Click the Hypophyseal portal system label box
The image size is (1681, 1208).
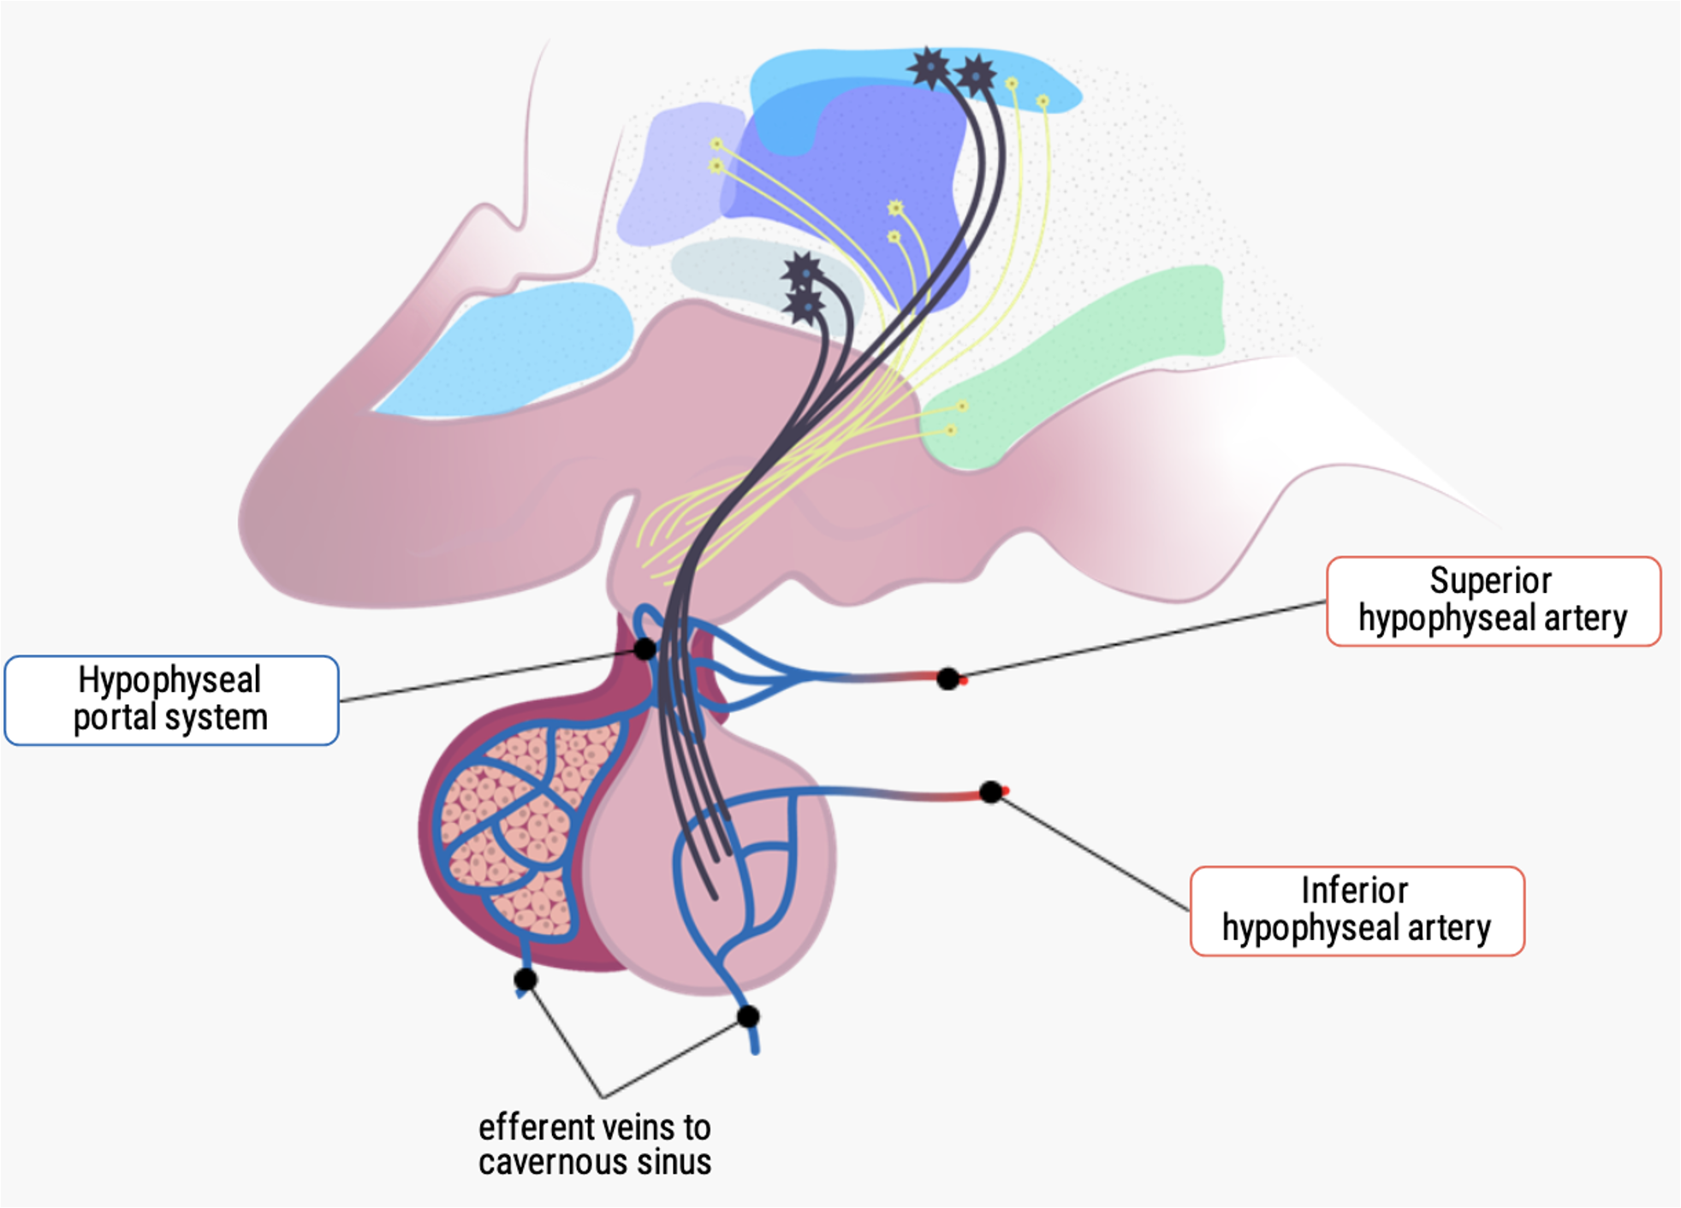pyautogui.click(x=171, y=700)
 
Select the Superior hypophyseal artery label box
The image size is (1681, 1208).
pyautogui.click(x=1493, y=601)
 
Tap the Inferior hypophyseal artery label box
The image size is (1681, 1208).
pyautogui.click(x=1357, y=910)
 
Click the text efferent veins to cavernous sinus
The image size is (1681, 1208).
pyautogui.click(x=594, y=1145)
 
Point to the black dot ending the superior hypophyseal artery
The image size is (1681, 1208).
pyautogui.click(x=947, y=678)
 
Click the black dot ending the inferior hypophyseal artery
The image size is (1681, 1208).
pyautogui.click(x=990, y=791)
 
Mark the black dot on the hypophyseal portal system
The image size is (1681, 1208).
pyautogui.click(x=644, y=648)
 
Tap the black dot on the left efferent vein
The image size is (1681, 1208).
pyautogui.click(x=526, y=979)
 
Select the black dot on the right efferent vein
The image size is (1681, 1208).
pyautogui.click(x=748, y=1016)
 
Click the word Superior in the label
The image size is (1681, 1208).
pyautogui.click(x=1490, y=581)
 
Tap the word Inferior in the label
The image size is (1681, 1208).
pyautogui.click(x=1354, y=891)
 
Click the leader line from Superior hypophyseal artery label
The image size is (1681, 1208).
pyautogui.click(x=1138, y=640)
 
